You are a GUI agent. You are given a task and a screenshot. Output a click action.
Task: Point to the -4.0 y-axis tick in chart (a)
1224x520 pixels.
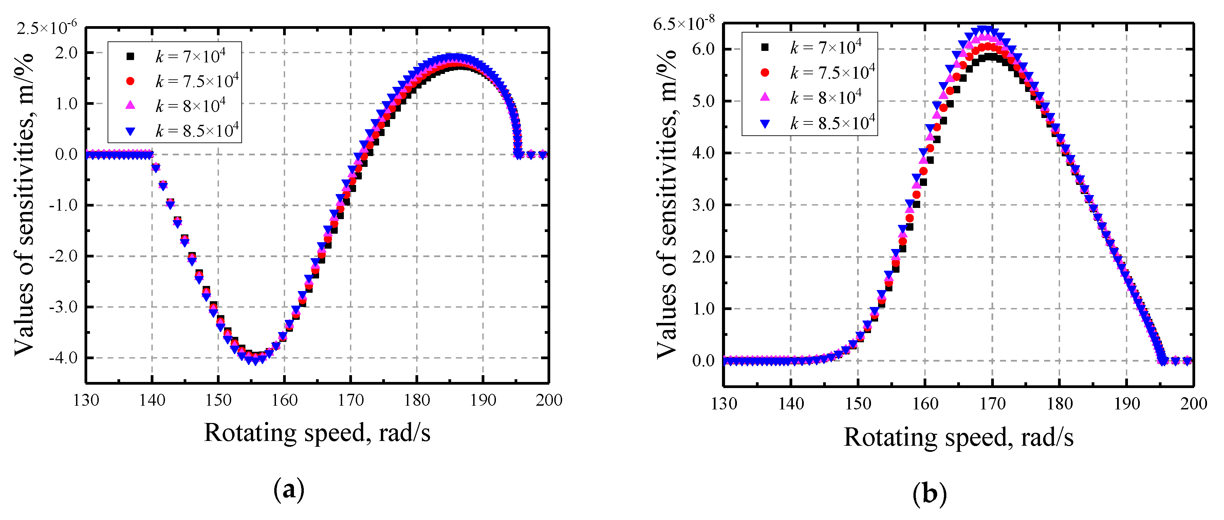63,358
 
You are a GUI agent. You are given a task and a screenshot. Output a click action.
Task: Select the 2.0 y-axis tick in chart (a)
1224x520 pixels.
66,52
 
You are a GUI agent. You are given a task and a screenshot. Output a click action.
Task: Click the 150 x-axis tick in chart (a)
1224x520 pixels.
218,400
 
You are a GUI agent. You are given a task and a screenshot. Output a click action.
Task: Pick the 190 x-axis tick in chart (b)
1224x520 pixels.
1127,404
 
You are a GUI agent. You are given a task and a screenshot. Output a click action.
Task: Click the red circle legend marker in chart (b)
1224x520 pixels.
764,73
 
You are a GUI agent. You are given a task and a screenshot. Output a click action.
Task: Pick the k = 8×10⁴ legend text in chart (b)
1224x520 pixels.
826,97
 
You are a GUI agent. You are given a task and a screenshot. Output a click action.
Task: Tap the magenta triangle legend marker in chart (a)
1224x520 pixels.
130,105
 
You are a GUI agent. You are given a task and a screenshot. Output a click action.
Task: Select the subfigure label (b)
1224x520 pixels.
929,494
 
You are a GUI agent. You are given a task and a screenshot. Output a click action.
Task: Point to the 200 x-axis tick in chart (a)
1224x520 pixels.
549,400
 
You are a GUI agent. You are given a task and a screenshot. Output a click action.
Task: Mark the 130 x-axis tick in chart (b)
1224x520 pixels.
724,404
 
